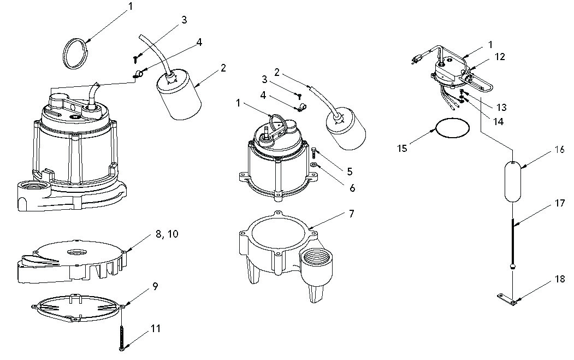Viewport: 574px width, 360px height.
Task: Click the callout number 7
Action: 351,213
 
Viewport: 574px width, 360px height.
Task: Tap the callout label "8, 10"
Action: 167,234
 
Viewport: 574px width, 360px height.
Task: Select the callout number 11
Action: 156,328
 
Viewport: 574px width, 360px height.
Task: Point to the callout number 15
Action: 402,149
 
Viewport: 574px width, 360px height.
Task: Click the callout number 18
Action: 560,279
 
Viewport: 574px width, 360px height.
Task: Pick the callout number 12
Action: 500,57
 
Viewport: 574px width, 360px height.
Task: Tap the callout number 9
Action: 155,286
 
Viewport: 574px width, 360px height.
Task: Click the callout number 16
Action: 560,150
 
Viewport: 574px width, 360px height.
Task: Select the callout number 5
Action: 350,171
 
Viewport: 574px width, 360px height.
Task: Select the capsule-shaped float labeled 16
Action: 512,181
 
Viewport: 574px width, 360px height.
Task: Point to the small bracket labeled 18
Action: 507,299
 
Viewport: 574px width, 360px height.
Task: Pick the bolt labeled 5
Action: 313,152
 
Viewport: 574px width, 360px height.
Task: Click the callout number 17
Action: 560,203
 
